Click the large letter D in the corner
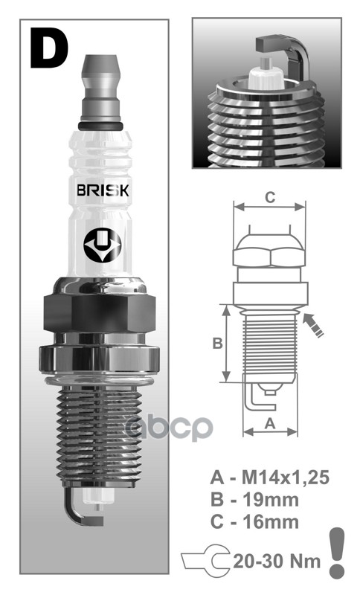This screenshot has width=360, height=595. (49, 47)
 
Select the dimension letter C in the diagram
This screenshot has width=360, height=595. (270, 197)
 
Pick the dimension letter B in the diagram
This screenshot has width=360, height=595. (217, 343)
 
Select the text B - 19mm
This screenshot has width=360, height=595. (255, 498)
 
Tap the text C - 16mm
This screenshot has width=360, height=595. (255, 521)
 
